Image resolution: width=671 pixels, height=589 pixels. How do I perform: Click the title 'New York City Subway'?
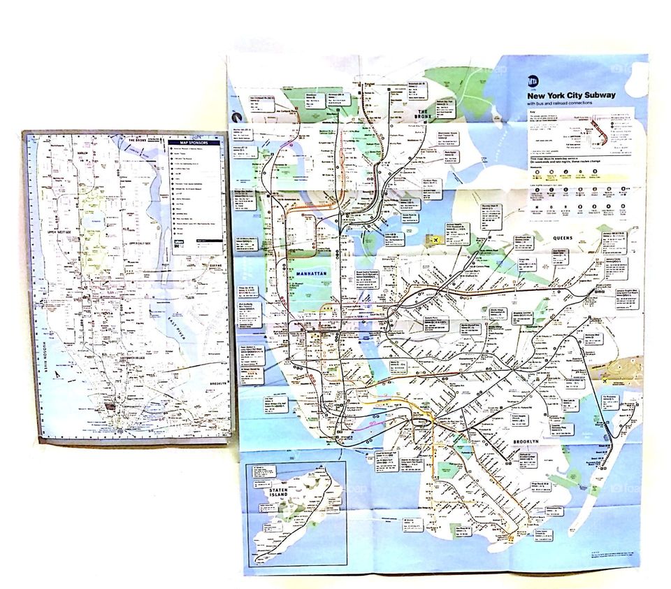[x=571, y=95]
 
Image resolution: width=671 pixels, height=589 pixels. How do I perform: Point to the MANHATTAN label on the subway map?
[x=311, y=274]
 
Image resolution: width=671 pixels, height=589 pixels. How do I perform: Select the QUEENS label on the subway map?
[x=563, y=238]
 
